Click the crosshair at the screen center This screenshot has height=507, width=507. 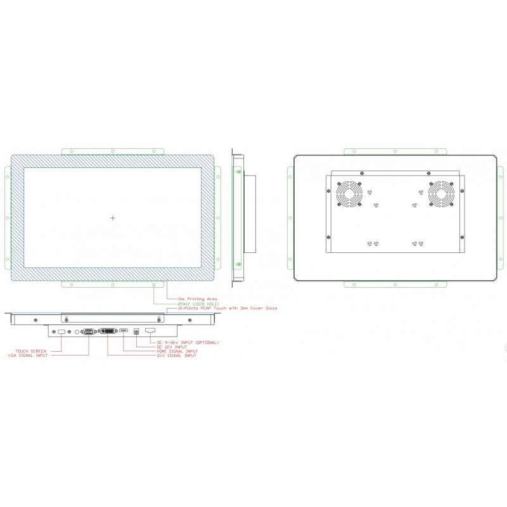(113, 218)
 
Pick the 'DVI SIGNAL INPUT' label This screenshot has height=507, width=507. (177, 356)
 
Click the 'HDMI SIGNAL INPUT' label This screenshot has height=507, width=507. (177, 351)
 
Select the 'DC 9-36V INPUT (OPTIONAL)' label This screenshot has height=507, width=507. (187, 342)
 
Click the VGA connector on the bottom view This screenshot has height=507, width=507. (89, 331)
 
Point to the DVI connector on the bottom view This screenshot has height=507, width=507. (108, 331)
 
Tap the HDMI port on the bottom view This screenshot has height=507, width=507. (124, 331)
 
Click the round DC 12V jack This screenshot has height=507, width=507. (136, 331)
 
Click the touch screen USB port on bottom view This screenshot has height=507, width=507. (61, 331)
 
